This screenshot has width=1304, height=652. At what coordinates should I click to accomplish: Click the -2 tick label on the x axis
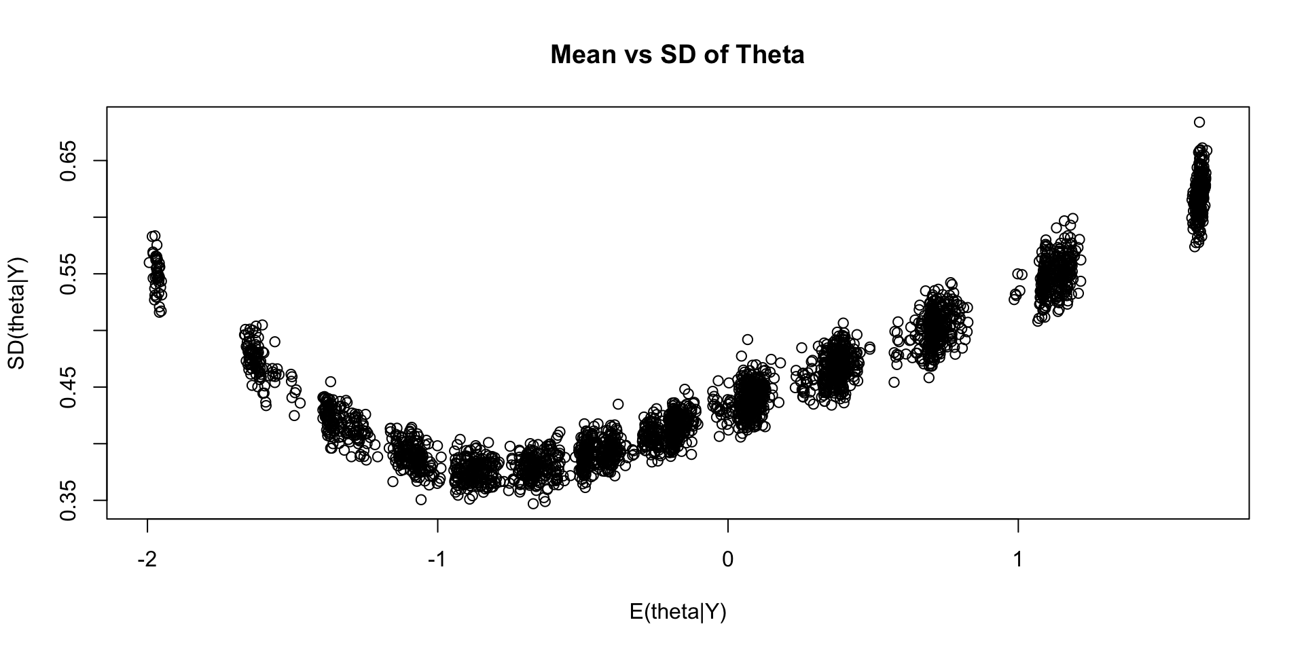coord(147,560)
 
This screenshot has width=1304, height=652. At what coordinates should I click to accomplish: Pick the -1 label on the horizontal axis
coord(437,560)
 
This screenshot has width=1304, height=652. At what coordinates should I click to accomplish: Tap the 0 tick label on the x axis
coord(727,560)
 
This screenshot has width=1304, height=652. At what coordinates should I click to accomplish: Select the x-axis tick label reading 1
coord(1017,560)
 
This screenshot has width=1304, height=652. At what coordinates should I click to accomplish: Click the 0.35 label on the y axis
coord(69,500)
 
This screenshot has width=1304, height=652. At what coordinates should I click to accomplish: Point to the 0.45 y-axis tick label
coord(69,386)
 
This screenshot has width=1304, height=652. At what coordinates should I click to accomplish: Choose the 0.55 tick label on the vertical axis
coord(69,273)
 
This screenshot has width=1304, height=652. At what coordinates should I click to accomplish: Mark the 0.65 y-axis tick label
coord(69,160)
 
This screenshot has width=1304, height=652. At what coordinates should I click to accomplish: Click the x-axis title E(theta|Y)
coord(678,612)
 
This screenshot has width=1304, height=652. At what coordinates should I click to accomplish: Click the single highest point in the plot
coord(1199,122)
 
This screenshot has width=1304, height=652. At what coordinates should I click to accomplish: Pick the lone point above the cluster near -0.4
coord(617,404)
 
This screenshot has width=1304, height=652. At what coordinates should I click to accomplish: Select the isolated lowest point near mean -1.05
coord(421,500)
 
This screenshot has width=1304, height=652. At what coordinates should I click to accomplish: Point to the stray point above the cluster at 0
coord(747,340)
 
